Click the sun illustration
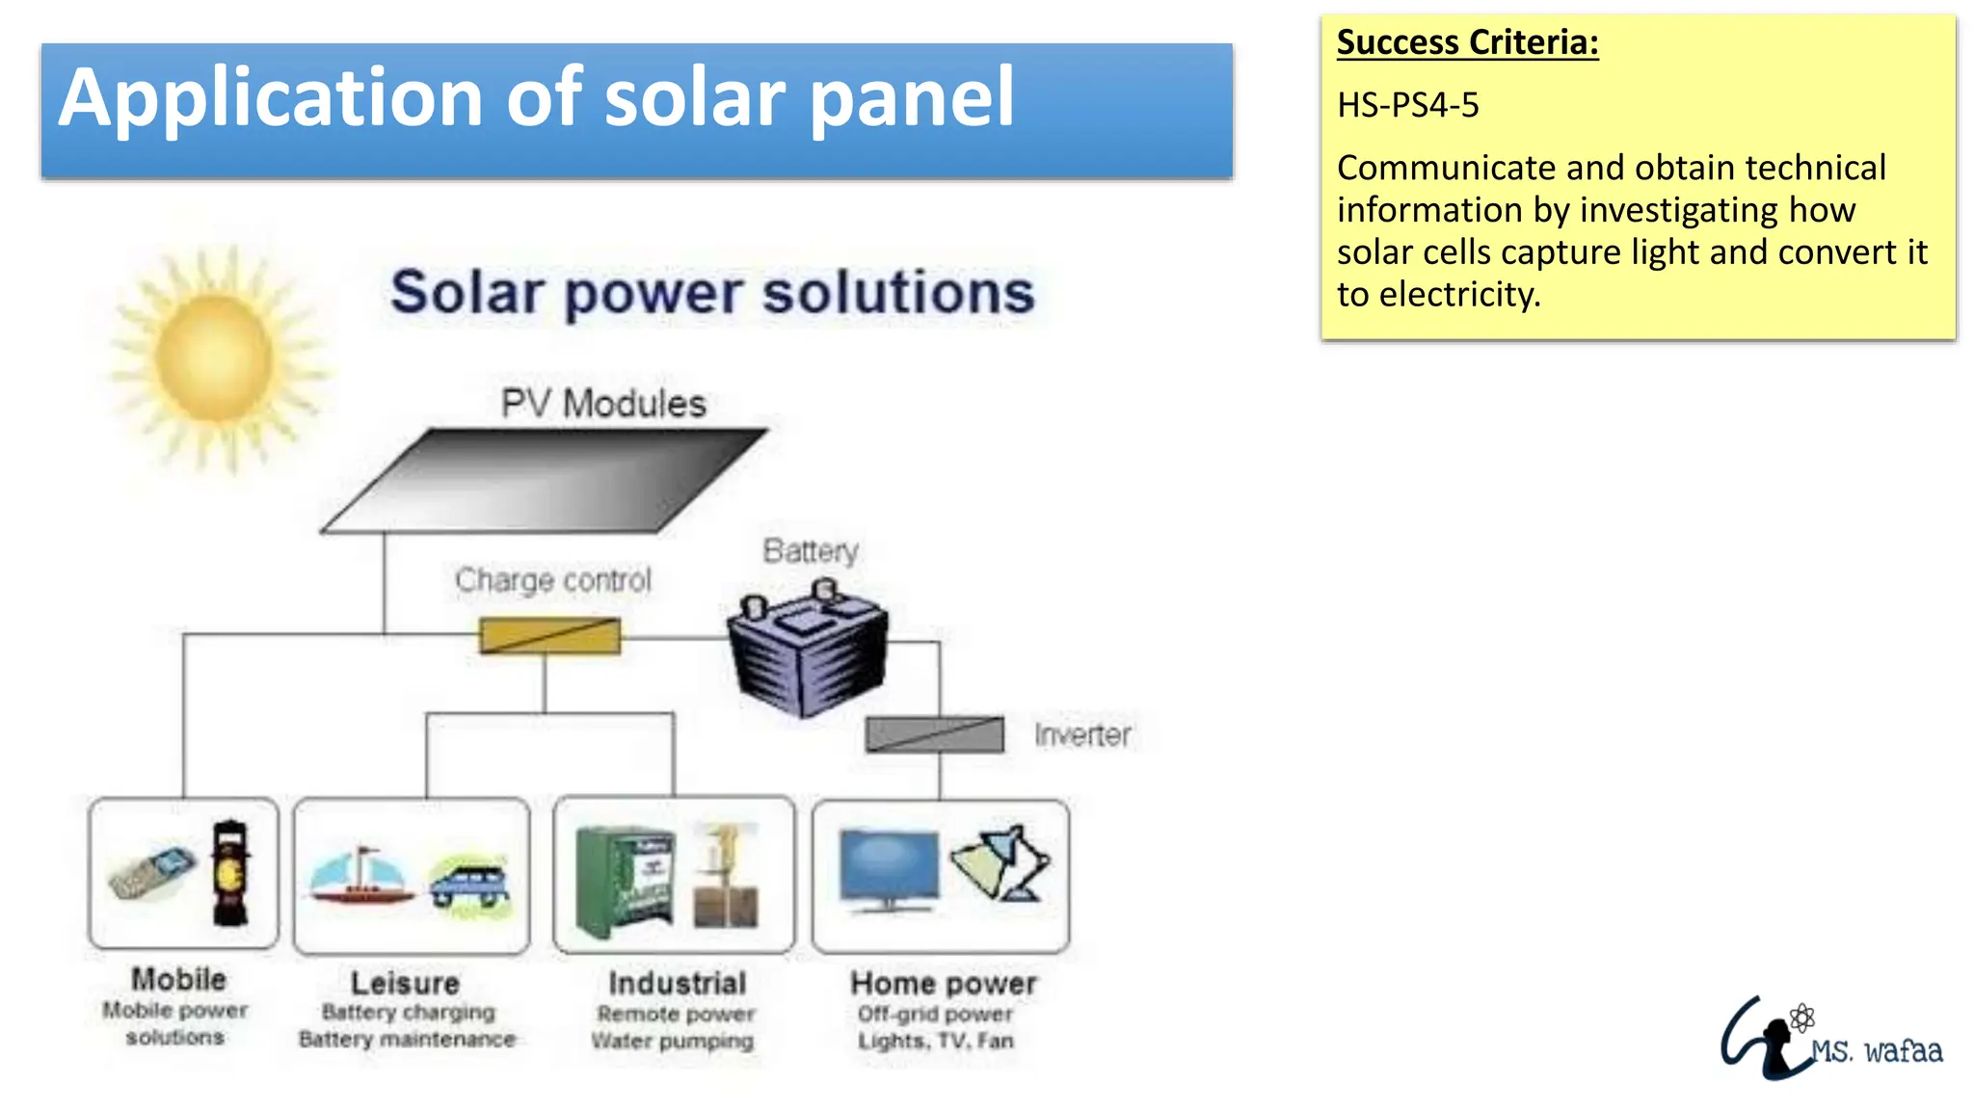pyautogui.click(x=214, y=358)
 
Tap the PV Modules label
pyautogui.click(x=603, y=403)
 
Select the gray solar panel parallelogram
pyautogui.click(x=545, y=480)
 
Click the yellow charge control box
pyautogui.click(x=550, y=636)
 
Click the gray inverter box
pyautogui.click(x=934, y=734)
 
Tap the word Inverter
pyautogui.click(x=1082, y=734)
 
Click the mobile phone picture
pyautogui.click(x=151, y=872)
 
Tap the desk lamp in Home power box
pyautogui.click(x=1002, y=862)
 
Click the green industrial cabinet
pyautogui.click(x=624, y=882)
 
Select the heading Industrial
pyautogui.click(x=677, y=983)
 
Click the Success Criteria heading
pyautogui.click(x=1467, y=42)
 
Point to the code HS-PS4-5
pyautogui.click(x=1407, y=104)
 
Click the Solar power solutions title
pyautogui.click(x=712, y=292)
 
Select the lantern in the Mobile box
pyautogui.click(x=230, y=872)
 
